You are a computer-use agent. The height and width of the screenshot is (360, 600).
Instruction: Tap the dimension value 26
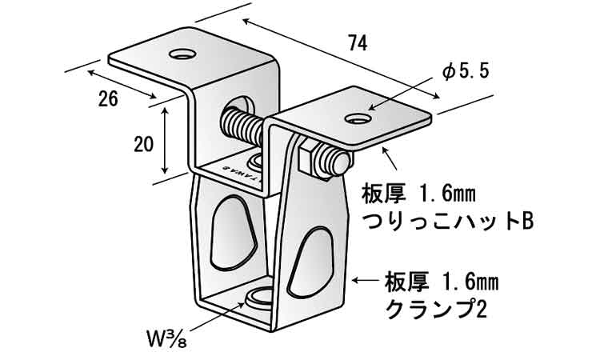coord(108,99)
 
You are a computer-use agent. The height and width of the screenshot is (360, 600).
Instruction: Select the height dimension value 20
coord(144,145)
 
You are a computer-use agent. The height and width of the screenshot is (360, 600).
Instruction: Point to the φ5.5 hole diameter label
coord(465,72)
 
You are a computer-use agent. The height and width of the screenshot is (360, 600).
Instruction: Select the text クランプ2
coord(436,307)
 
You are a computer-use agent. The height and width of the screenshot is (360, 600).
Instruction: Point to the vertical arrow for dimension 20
coord(165,142)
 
